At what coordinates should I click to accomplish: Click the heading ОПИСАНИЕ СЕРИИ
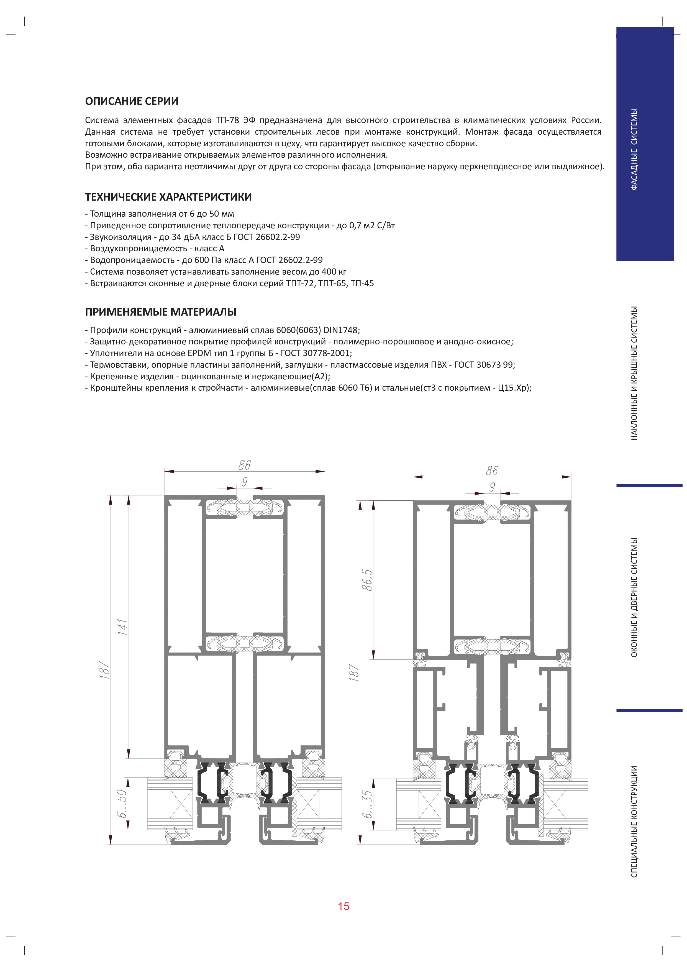point(132,101)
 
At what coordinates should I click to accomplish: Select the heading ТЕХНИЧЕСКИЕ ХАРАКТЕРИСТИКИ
point(168,197)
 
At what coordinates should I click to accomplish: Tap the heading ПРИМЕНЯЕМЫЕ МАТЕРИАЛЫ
point(161,312)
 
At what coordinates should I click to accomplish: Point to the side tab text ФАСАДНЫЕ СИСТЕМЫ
point(634,149)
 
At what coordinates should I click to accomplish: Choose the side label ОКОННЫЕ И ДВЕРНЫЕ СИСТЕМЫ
point(634,597)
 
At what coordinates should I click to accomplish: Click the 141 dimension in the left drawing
point(122,627)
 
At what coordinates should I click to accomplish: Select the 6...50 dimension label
point(122,804)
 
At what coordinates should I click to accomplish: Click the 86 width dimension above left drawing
point(244,465)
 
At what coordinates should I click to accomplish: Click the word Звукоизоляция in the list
point(121,237)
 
